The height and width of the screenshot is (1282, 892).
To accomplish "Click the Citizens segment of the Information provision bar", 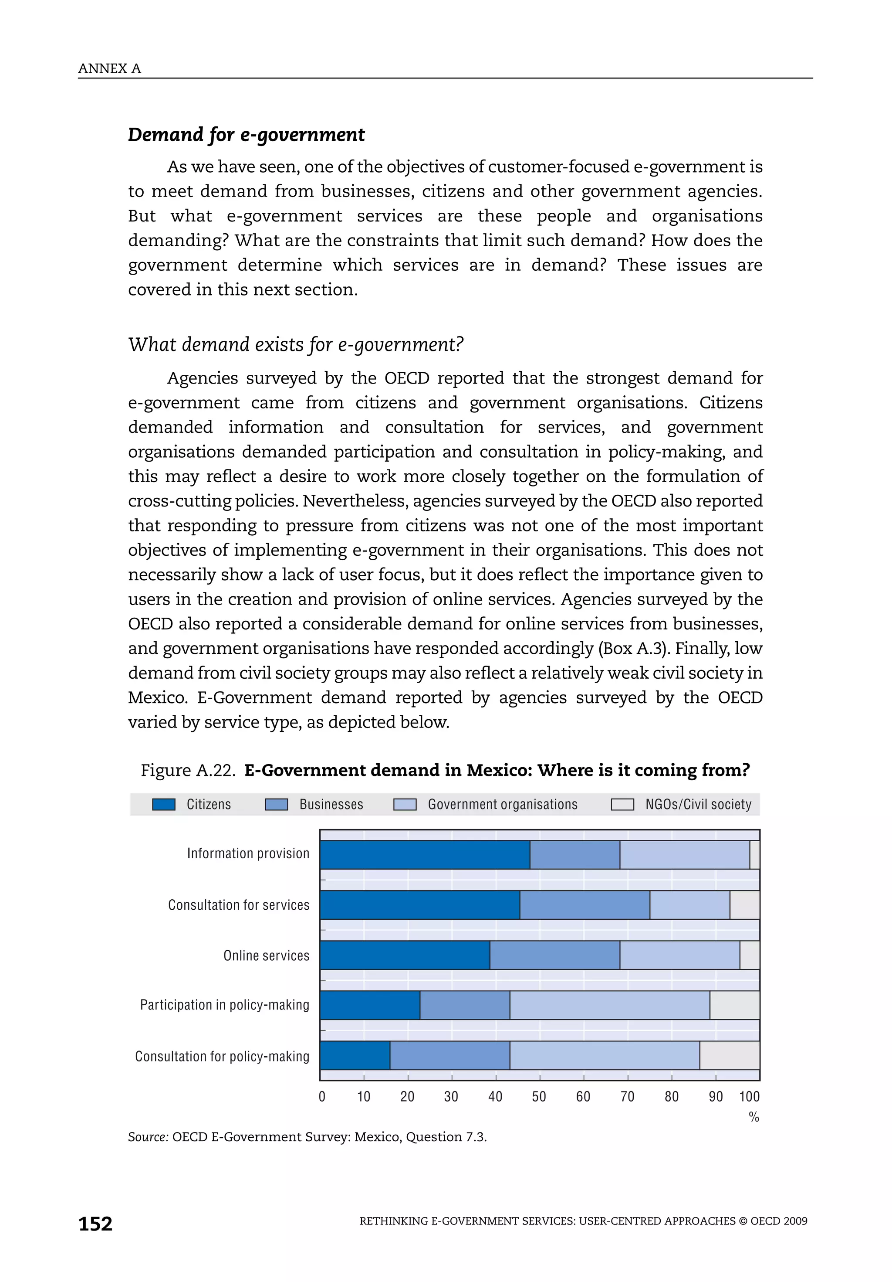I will (425, 854).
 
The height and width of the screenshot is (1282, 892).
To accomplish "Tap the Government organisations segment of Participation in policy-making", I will (609, 1005).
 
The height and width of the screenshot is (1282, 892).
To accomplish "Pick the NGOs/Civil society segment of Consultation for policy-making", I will (729, 1055).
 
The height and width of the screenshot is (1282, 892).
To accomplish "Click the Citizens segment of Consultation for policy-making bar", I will (355, 1055).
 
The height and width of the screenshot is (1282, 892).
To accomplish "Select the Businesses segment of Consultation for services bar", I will (585, 905).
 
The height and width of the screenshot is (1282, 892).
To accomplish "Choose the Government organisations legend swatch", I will (405, 804).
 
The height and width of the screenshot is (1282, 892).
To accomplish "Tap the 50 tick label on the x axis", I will (539, 1097).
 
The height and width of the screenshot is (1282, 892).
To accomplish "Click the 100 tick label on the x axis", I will (749, 1097).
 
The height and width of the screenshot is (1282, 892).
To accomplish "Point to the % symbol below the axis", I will (753, 1117).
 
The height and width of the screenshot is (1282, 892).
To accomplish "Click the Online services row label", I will (266, 956).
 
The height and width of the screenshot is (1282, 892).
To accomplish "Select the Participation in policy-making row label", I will (224, 1005).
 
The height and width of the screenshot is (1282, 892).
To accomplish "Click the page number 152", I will (95, 1224).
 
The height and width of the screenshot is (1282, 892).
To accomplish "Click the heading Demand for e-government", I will (246, 135).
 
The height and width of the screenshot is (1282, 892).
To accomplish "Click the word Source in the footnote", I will (147, 1137).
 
